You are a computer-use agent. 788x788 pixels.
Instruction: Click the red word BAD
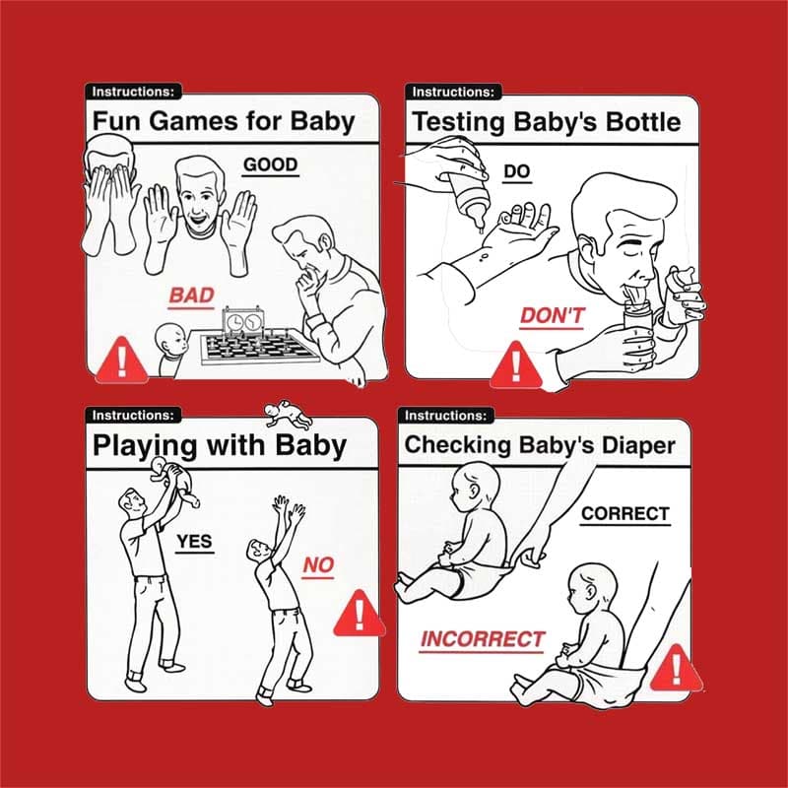coord(190,295)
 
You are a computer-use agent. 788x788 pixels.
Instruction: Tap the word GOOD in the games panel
coord(270,164)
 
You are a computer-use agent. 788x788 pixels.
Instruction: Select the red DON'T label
coord(552,316)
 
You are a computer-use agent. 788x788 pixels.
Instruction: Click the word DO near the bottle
coord(517,171)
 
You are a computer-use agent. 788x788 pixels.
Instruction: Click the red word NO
coord(318,565)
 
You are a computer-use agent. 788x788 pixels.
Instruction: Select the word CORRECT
coord(624,513)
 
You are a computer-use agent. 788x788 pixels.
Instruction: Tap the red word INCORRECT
coord(482,638)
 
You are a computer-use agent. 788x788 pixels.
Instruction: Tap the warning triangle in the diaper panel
coord(675,669)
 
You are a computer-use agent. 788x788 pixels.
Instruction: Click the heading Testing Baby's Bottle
coord(546,122)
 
